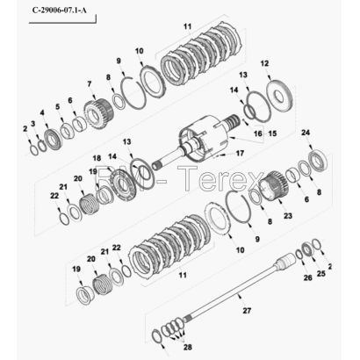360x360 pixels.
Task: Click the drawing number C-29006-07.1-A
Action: [x=60, y=11]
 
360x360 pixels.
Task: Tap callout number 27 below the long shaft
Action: [x=247, y=310]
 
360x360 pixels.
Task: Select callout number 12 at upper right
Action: [x=264, y=63]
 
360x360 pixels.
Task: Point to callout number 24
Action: [x=306, y=133]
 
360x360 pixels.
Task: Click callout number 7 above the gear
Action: [x=90, y=83]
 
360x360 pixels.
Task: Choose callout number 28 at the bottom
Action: [x=188, y=347]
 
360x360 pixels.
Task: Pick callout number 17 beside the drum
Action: [x=240, y=153]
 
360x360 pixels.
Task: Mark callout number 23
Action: [x=288, y=216]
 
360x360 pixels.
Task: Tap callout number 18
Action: [x=97, y=158]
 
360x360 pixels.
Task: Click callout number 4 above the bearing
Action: [x=42, y=112]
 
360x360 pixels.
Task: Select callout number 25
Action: [x=321, y=273]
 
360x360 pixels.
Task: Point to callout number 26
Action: [x=307, y=277]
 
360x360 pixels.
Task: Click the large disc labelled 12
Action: [x=280, y=96]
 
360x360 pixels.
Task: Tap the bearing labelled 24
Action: [x=319, y=160]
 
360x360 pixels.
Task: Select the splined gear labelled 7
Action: [x=98, y=114]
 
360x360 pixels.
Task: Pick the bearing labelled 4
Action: [x=54, y=140]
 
